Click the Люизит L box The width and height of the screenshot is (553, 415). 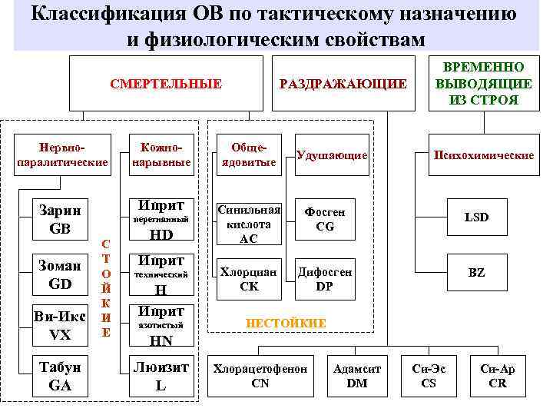[160, 377]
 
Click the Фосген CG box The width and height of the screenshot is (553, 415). [325, 218]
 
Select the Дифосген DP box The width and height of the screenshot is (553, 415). [325, 278]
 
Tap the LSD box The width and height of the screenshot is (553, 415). [476, 217]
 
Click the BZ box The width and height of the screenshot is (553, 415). [476, 273]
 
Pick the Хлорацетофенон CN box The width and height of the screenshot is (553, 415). [260, 376]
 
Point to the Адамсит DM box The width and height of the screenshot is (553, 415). [357, 376]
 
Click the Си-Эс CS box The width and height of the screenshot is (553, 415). [429, 376]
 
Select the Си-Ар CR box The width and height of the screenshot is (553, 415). [497, 376]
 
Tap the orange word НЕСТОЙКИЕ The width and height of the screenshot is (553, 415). [285, 324]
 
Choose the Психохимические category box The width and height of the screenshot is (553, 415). [483, 155]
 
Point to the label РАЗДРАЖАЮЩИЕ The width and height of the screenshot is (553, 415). [343, 84]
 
